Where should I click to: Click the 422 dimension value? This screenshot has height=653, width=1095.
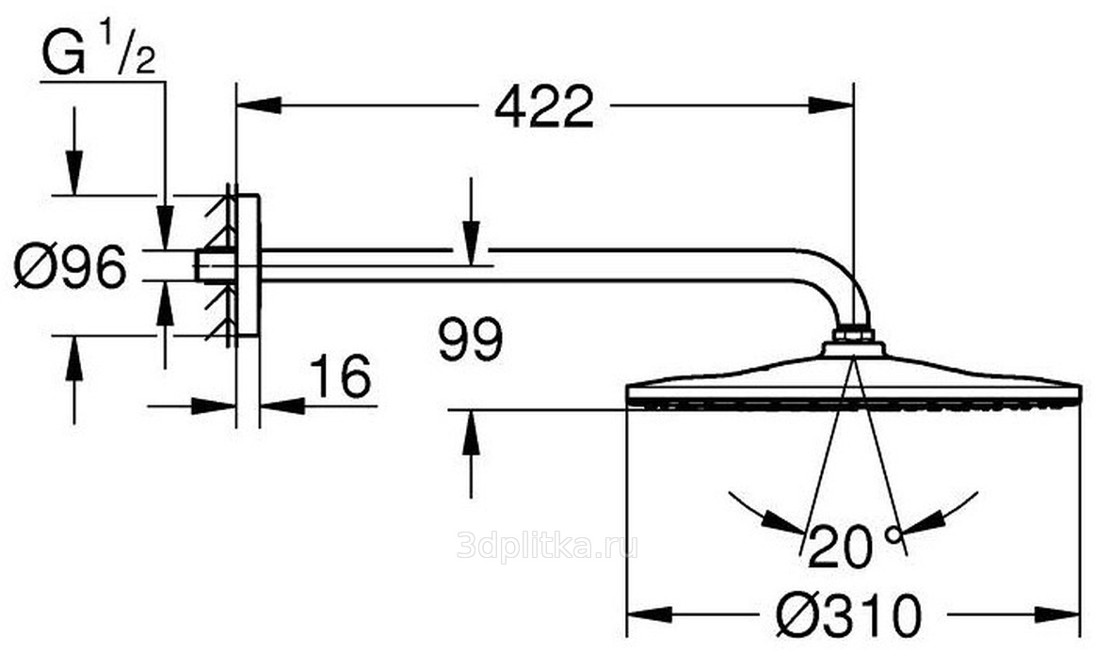tap(544, 106)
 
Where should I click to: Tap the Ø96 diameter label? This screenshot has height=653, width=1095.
tap(71, 265)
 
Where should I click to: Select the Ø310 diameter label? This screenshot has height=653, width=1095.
tap(848, 615)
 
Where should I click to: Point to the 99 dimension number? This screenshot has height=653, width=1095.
tap(471, 339)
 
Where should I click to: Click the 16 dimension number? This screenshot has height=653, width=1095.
tap(340, 376)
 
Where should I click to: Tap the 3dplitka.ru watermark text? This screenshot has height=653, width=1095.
tap(548, 545)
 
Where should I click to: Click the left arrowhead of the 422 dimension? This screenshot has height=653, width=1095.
tap(259, 105)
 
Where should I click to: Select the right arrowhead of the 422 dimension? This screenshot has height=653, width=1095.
tap(831, 105)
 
